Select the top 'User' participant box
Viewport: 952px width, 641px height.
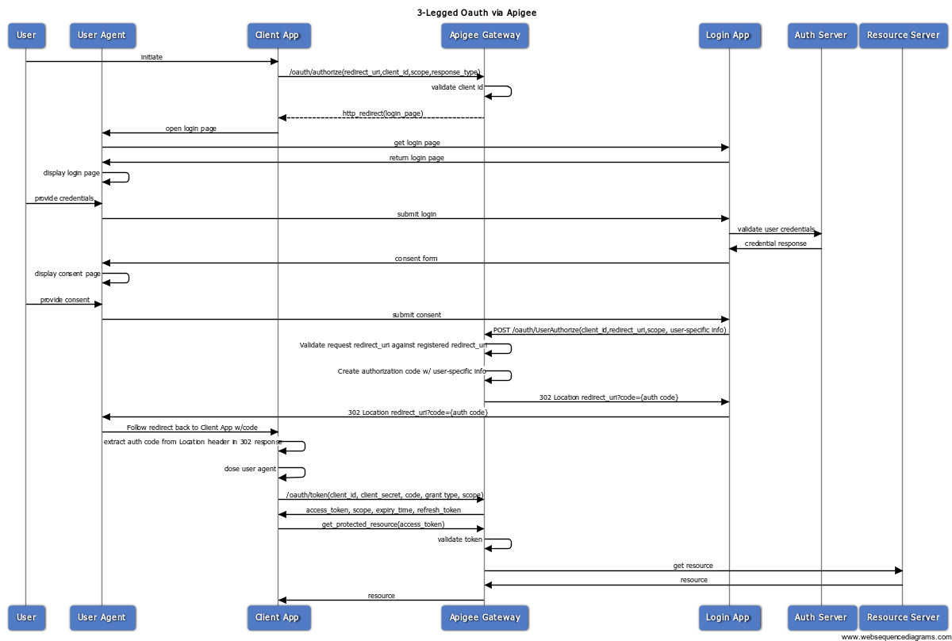pos(26,36)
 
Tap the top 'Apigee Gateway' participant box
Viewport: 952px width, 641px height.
pos(485,36)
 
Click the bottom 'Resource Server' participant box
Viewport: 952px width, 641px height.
pos(903,617)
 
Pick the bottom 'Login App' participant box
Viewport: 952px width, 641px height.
pos(727,617)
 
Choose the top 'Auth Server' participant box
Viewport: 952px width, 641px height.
pos(821,36)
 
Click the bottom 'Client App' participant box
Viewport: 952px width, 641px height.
pos(278,617)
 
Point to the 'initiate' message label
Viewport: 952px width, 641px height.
pos(152,57)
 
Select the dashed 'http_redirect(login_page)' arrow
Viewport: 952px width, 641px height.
pos(381,117)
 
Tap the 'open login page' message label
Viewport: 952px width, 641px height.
pos(190,129)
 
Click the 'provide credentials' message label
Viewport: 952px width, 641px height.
pos(63,198)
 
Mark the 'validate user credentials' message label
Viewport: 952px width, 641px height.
pos(775,229)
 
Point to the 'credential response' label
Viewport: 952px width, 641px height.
pos(775,244)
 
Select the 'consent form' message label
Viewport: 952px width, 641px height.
pos(416,259)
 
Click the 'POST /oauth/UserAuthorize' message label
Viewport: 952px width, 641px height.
pos(609,330)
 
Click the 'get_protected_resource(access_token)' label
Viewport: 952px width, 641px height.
pos(382,524)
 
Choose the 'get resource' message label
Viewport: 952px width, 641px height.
pos(693,566)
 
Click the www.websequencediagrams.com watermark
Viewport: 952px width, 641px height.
pos(895,636)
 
